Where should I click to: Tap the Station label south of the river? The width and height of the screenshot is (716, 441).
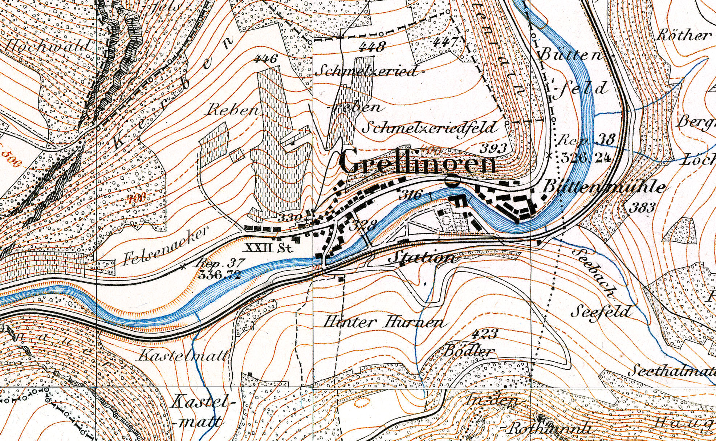coord(421,257)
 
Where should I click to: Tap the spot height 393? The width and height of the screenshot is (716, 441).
coord(493,148)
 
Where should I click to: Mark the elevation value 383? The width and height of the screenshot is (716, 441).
coord(642,208)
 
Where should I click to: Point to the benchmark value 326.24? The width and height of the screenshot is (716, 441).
coord(585,158)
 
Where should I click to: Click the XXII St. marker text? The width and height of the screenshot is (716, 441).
coord(269,248)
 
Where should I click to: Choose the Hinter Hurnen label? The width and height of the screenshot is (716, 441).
coord(383,322)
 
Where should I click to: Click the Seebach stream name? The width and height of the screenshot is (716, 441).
coord(595,272)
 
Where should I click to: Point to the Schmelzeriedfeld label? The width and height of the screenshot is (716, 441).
coord(429,127)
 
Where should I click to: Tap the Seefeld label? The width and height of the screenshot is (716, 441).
coord(602,311)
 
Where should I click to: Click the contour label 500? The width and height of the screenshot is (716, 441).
coord(11,158)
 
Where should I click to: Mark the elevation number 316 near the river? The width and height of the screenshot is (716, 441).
coord(410,195)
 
